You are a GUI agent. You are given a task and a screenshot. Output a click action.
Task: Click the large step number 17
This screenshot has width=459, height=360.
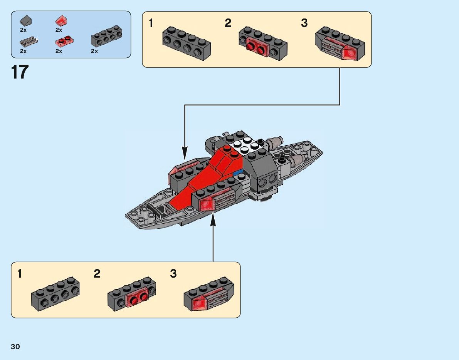[20, 72]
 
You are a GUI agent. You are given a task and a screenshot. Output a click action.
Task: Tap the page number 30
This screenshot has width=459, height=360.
[15, 347]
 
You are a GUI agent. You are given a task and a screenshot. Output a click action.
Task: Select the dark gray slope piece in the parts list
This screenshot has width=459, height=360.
[26, 21]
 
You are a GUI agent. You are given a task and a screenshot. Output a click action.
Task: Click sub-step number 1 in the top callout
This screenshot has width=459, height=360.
[151, 23]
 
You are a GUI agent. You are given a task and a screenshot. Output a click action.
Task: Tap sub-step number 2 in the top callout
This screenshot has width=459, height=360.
[228, 23]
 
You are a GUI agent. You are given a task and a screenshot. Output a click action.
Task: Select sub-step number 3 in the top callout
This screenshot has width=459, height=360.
[304, 23]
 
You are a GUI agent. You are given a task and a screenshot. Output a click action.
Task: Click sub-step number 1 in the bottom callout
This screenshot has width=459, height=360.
[20, 274]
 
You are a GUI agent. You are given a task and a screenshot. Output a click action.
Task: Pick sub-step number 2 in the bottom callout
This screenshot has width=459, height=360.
[97, 274]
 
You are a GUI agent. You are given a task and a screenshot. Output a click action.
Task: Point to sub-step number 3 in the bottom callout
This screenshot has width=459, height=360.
[173, 274]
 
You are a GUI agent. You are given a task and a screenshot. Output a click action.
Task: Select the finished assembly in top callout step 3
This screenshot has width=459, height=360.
[340, 44]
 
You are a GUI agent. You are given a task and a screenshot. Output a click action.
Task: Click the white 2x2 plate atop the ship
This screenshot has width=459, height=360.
[245, 144]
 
